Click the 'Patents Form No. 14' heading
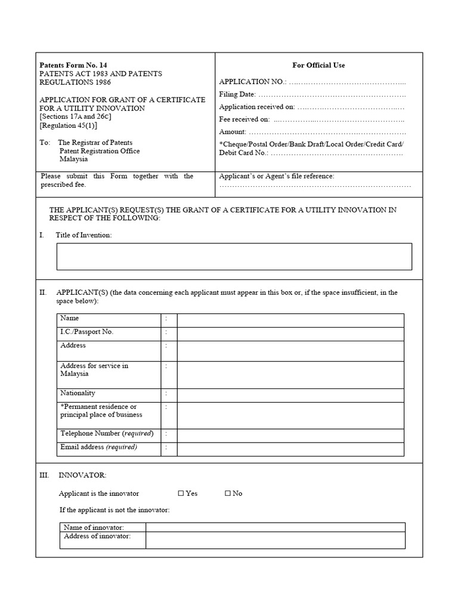coord(73,65)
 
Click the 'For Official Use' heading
coord(318,65)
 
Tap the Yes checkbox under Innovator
coord(181,493)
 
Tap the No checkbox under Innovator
coord(228,493)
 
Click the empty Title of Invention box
coord(234,257)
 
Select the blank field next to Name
coord(290,320)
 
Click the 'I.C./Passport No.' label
coord(86,332)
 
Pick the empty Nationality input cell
coord(290,394)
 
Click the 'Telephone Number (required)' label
coord(107,433)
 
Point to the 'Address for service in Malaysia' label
coord(94,370)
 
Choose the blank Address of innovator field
coord(275,540)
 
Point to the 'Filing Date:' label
coord(237,94)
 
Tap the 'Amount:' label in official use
coord(233,132)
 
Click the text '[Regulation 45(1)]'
coord(68,126)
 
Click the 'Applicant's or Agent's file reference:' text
coord(277,176)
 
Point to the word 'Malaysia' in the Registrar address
coord(73,159)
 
